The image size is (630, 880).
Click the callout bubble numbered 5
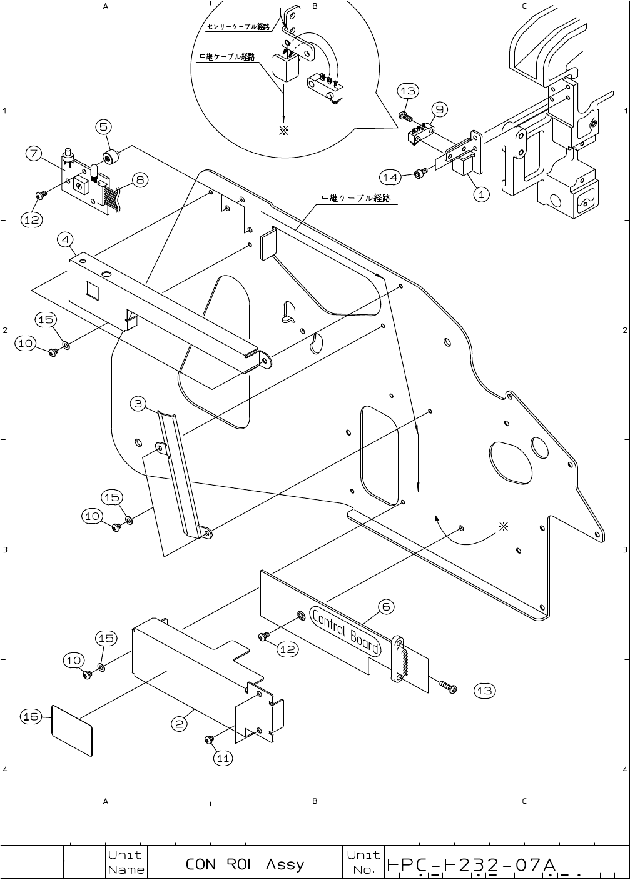(103, 127)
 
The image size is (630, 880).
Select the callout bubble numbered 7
(34, 153)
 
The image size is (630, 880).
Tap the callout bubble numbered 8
(140, 180)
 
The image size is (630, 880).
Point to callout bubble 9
(440, 109)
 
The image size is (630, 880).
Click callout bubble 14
(390, 177)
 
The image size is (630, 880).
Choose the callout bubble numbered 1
(481, 194)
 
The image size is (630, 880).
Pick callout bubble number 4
(65, 239)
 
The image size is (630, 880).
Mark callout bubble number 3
(138, 404)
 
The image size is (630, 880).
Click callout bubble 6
(386, 607)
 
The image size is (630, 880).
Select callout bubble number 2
(179, 724)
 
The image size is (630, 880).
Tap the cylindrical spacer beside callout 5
(111, 156)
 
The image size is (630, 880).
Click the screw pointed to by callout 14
(421, 172)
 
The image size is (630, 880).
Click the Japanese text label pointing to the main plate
(356, 198)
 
